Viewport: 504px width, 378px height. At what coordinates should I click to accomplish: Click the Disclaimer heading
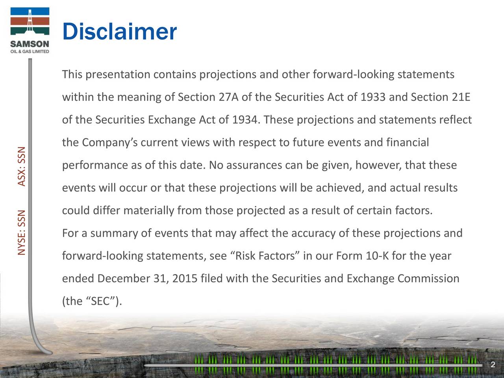coord(119,32)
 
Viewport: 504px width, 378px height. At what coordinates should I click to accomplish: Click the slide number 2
coord(493,365)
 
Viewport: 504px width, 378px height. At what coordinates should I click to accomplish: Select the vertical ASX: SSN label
coord(22,166)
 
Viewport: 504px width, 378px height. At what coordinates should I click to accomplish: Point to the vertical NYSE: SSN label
coord(22,232)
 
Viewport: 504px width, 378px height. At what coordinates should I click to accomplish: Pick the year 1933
coord(373,97)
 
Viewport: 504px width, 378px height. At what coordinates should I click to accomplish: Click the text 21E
coord(461,97)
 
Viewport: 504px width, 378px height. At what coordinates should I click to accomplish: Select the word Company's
coord(109,143)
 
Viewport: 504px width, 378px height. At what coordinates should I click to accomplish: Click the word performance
coord(95,165)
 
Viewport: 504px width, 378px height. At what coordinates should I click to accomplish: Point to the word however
coord(378,165)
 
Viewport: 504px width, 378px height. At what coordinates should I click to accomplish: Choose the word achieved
coord(338,188)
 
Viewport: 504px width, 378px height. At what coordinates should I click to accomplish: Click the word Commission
coord(428,279)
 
